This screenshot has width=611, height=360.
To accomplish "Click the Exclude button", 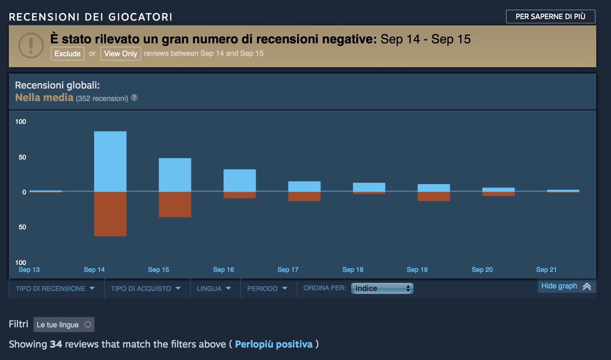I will (x=67, y=54).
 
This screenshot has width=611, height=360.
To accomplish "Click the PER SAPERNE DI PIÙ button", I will (x=550, y=17).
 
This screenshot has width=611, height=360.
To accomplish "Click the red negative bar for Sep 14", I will (x=110, y=214).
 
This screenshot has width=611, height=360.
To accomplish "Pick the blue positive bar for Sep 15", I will (x=175, y=174).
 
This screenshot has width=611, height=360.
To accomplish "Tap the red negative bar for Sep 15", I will (x=175, y=204).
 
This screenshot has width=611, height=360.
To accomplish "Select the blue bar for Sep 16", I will (x=240, y=180).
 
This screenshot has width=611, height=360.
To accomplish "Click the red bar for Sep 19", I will (x=434, y=196).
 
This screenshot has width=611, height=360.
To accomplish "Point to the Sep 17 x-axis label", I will (x=288, y=270).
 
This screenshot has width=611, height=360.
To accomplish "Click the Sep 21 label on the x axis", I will (x=546, y=270).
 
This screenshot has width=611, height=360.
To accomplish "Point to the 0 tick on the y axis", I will (x=24, y=192).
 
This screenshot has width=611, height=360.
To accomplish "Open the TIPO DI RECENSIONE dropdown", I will (x=55, y=289).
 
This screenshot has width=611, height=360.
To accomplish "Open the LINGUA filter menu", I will (x=214, y=289).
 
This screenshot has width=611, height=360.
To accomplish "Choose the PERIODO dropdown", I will (x=267, y=289).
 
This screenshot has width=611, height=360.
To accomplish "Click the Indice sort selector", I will (x=382, y=288).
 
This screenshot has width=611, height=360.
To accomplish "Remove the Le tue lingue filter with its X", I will (x=88, y=324).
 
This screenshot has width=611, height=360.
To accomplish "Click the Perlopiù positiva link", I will (x=274, y=344).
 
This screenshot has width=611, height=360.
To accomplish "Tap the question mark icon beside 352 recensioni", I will (x=134, y=98).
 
